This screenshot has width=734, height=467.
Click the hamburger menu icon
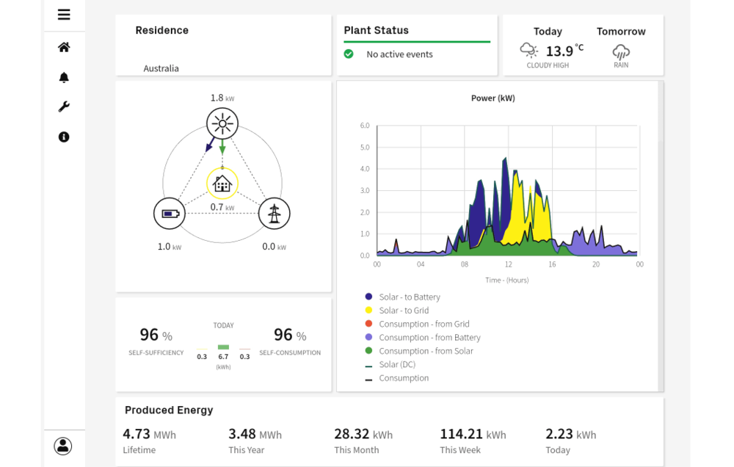[64, 15]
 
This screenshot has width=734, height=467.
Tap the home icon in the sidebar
[64, 47]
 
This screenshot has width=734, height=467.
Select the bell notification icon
[64, 77]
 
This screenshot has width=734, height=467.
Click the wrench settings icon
[64, 107]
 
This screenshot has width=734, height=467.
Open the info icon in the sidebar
[64, 137]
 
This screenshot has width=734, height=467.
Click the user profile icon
[63, 446]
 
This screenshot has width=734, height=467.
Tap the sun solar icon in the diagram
[222, 123]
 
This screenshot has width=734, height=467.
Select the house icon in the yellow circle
[222, 184]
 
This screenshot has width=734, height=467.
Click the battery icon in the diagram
[170, 214]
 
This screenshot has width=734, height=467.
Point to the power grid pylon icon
[275, 214]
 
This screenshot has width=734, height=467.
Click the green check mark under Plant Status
[349, 54]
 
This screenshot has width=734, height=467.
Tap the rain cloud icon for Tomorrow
[621, 51]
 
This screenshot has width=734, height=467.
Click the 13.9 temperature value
[559, 51]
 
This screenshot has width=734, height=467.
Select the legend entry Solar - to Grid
[404, 311]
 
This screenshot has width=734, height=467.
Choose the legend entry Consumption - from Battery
[429, 338]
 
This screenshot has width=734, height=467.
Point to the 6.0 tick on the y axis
[365, 126]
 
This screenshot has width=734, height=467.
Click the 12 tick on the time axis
[508, 264]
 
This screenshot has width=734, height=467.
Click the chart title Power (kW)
[493, 98]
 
